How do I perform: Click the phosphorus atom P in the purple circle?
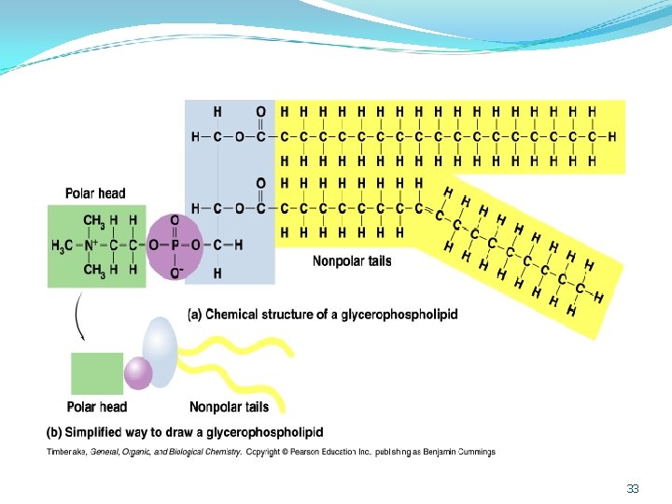(175, 245)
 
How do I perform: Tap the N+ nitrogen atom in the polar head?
(91, 245)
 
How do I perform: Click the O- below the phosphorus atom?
(176, 273)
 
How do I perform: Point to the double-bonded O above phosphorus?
(175, 220)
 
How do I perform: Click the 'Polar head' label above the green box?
(95, 193)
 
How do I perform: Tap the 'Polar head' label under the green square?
(97, 406)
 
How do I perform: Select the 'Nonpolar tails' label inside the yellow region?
(352, 260)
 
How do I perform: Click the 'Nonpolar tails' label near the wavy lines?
(230, 406)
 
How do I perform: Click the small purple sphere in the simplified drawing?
(138, 373)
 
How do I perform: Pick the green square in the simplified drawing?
(97, 373)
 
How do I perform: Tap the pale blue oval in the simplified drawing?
(160, 352)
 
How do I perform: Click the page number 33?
(633, 488)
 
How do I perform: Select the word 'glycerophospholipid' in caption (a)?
(399, 315)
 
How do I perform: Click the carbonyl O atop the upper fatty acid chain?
(260, 112)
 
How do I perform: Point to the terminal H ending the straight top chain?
(611, 136)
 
